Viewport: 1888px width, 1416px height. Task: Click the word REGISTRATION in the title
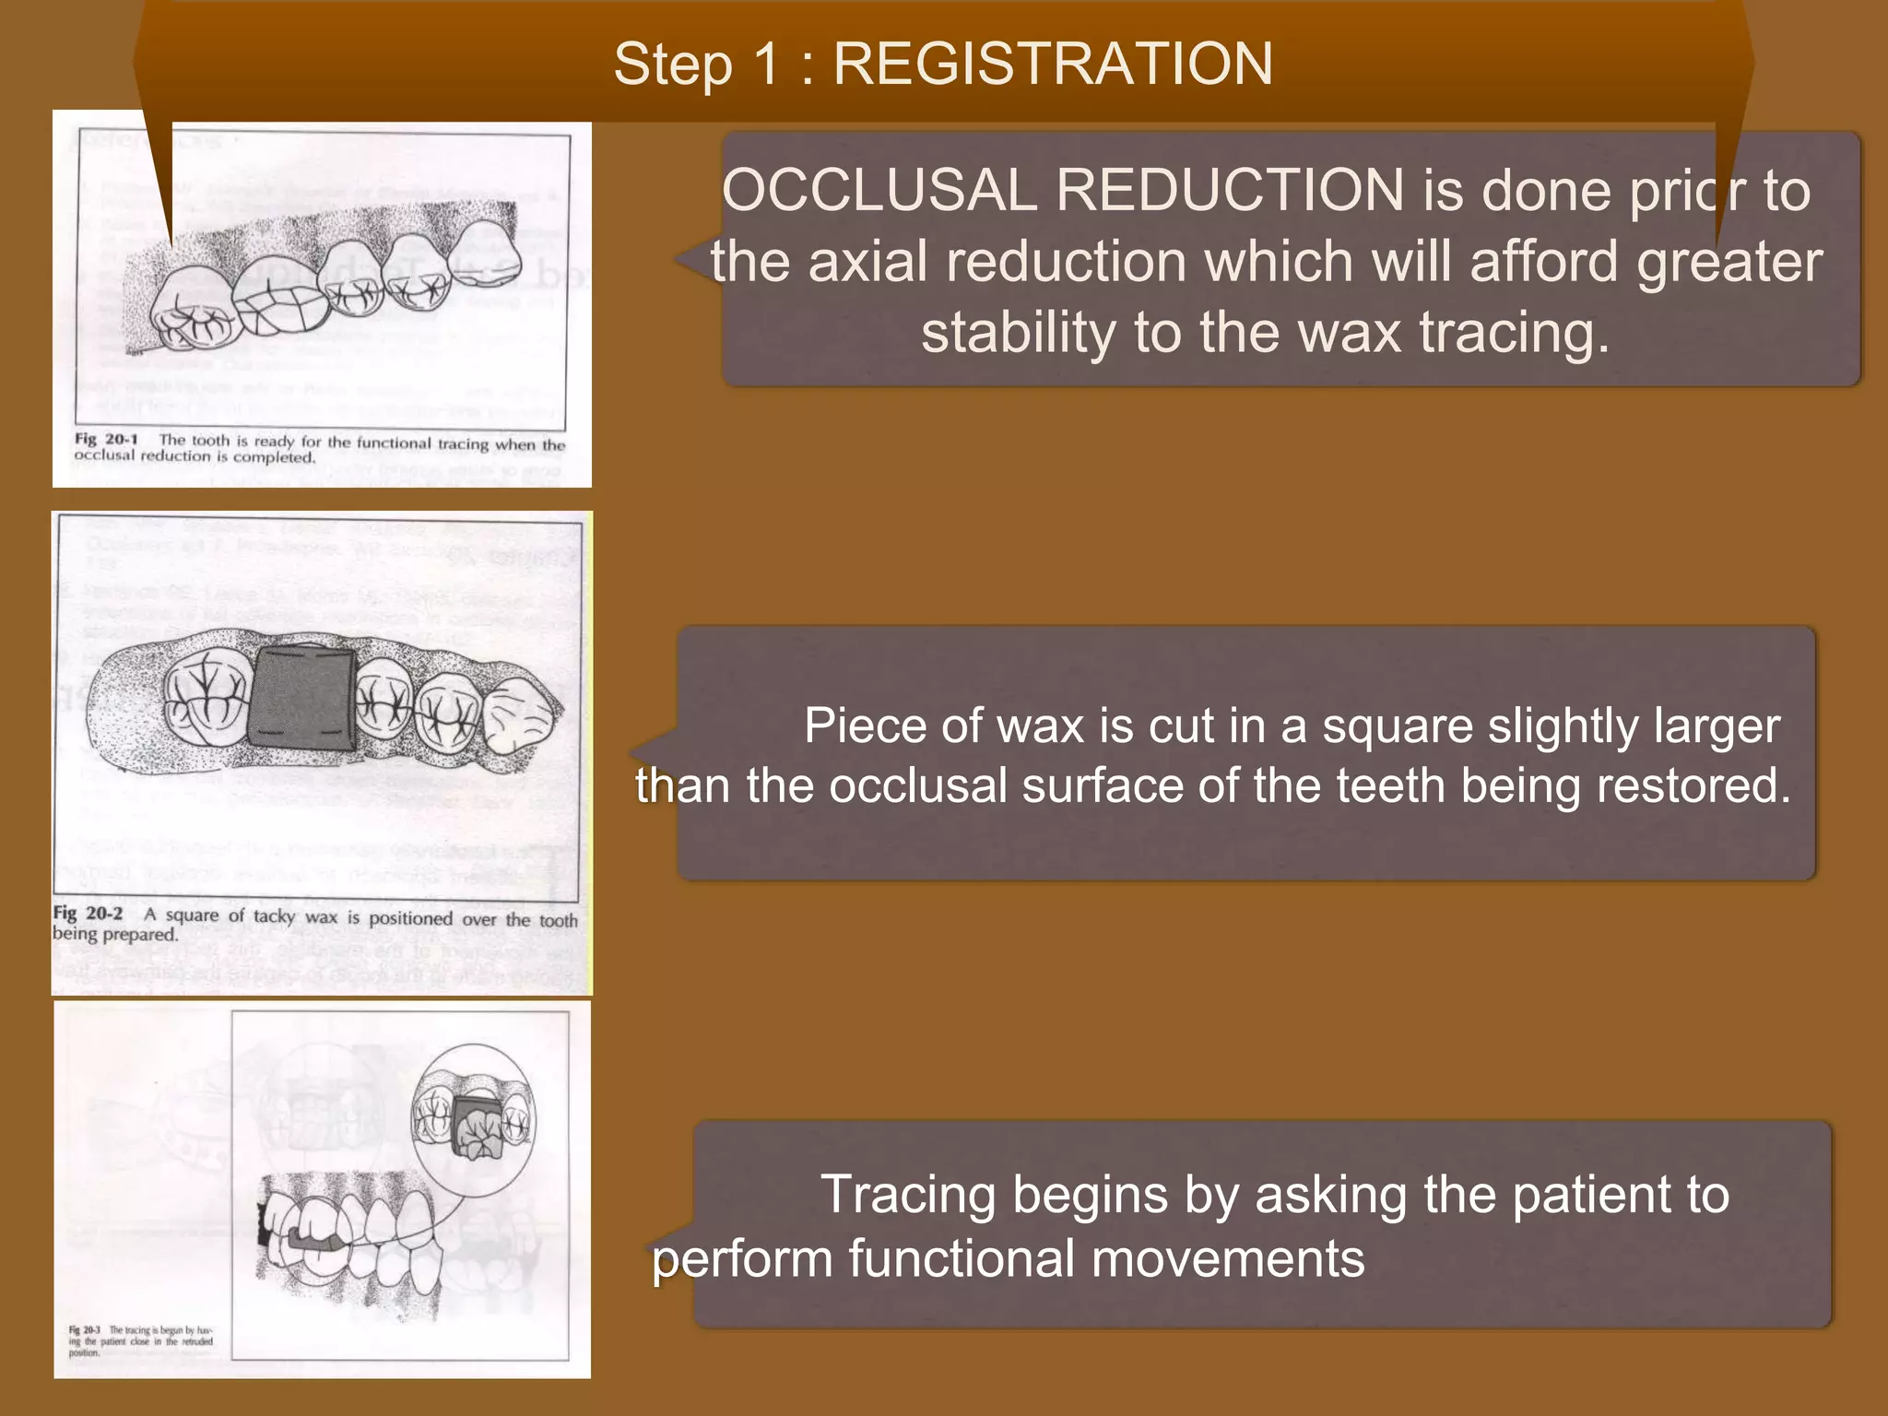pyautogui.click(x=1052, y=65)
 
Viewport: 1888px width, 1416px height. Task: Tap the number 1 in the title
pyautogui.click(x=764, y=65)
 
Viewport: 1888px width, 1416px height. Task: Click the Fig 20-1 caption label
pyautogui.click(x=106, y=439)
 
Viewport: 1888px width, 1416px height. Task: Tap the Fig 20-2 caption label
pyautogui.click(x=88, y=914)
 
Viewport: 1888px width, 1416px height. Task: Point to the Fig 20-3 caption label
pyautogui.click(x=84, y=1330)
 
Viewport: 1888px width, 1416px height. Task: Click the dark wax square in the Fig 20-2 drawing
pyautogui.click(x=302, y=698)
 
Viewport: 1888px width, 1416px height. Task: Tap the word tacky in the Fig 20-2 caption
pyautogui.click(x=274, y=916)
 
